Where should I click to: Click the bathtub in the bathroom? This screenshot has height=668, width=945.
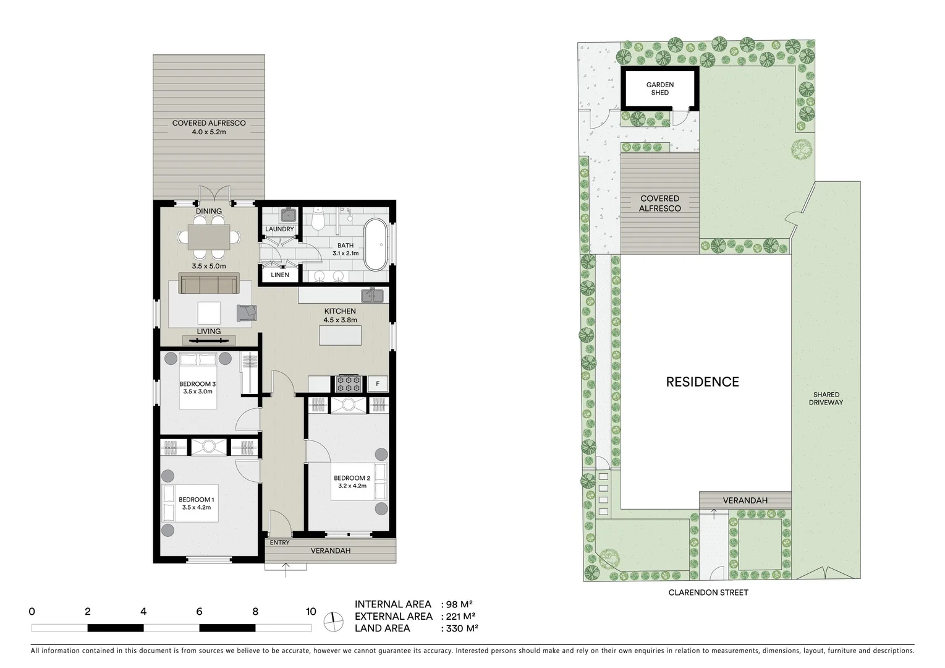[375, 244]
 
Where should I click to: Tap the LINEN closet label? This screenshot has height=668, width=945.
[279, 275]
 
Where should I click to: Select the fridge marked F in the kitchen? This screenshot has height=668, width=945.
[378, 384]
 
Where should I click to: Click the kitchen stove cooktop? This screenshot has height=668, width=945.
[348, 383]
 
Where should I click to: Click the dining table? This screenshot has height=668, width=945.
[209, 236]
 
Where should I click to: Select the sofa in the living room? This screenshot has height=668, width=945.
[209, 283]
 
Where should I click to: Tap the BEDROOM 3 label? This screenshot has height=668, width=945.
[197, 384]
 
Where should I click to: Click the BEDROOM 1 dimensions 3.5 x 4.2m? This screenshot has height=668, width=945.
[197, 508]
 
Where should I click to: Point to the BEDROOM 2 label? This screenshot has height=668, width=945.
[352, 478]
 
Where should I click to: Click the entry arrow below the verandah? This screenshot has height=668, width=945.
[286, 569]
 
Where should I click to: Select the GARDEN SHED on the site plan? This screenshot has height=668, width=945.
[659, 88]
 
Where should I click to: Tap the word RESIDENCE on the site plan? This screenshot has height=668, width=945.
[702, 382]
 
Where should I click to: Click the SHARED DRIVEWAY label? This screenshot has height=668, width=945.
[826, 398]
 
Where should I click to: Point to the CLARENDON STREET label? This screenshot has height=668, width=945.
[708, 593]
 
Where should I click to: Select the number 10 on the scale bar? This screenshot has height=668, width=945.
[311, 612]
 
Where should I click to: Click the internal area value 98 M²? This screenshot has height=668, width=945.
[460, 604]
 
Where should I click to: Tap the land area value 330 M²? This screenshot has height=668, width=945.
[461, 628]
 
